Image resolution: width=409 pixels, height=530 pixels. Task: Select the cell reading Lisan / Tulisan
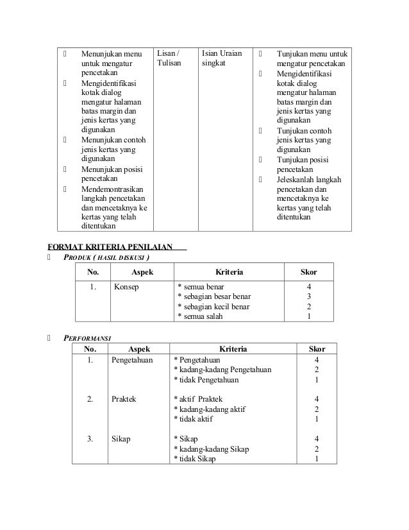(x=169, y=58)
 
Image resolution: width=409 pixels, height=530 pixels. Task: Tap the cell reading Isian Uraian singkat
(x=221, y=58)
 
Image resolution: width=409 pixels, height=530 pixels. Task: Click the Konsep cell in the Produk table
(x=127, y=287)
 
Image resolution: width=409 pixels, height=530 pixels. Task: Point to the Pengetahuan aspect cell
(x=133, y=361)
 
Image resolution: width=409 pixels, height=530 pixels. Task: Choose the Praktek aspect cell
(x=124, y=400)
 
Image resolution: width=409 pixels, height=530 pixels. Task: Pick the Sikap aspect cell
(x=121, y=439)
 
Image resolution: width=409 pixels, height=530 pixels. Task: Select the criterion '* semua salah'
(x=201, y=316)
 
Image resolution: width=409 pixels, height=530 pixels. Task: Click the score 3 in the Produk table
(x=309, y=296)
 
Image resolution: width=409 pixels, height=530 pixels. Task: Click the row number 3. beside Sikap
(x=90, y=439)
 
